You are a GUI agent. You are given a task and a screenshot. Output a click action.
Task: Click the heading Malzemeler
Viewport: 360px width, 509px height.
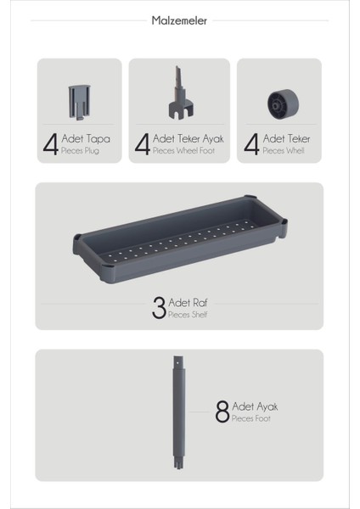[180, 20]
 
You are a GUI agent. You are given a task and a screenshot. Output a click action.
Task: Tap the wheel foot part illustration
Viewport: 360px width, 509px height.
[179, 94]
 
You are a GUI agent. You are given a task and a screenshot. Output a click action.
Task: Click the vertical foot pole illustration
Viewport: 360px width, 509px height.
[179, 412]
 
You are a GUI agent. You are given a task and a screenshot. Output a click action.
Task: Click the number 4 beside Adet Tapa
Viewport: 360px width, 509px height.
[50, 143]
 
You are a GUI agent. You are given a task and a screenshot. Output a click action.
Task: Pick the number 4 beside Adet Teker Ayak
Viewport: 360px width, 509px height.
[143, 143]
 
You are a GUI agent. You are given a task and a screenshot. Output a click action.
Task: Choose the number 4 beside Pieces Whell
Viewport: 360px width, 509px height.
[251, 143]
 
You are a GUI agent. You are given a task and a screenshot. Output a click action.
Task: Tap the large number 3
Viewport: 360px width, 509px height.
[159, 307]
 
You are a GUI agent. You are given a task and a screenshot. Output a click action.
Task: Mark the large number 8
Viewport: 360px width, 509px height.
[222, 412]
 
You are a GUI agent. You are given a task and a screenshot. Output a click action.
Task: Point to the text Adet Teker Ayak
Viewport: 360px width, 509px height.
[183, 138]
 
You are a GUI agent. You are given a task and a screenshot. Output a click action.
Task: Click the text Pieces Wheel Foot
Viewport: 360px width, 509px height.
[180, 150]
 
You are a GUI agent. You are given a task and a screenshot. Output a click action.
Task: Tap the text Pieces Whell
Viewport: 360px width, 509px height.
[283, 150]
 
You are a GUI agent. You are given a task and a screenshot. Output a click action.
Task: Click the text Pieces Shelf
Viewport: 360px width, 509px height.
[187, 314]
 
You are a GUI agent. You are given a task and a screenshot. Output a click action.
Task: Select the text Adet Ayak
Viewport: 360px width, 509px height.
[255, 406]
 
